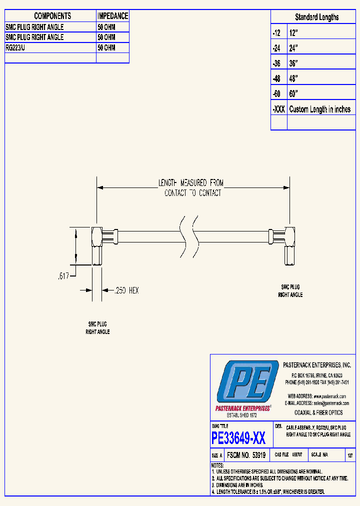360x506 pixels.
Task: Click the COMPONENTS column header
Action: [x=52, y=16]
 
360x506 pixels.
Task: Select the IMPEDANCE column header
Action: [x=112, y=16]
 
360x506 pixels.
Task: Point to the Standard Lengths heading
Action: [x=316, y=17]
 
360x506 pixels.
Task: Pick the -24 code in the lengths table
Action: [x=277, y=48]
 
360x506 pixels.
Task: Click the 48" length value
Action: [x=293, y=78]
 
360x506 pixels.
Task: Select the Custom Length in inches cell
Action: [x=320, y=109]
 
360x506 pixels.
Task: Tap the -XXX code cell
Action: [x=278, y=109]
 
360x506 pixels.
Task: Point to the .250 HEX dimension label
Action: [x=126, y=290]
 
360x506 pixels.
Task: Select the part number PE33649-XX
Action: [x=239, y=438]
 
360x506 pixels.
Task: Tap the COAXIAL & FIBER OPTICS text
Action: [x=318, y=412]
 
